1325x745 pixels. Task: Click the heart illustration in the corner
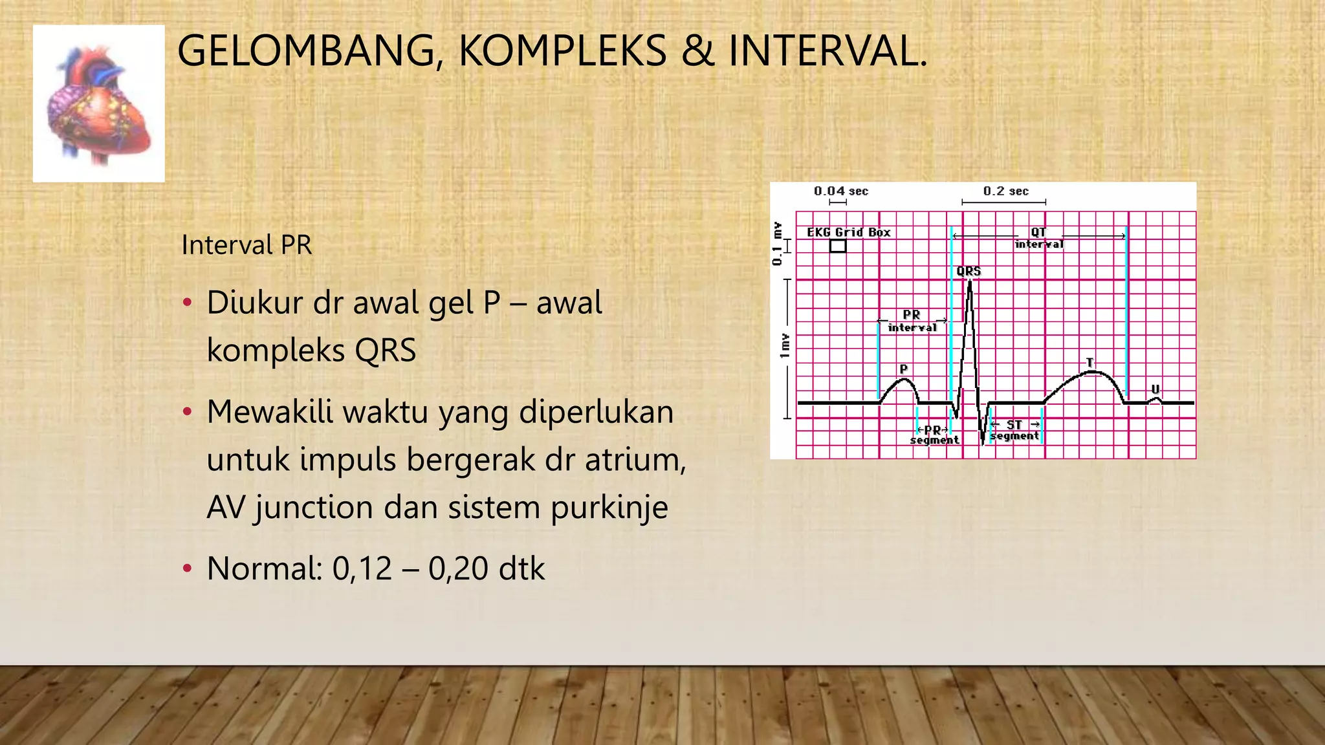coord(99,103)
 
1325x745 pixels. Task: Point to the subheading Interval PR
coord(246,245)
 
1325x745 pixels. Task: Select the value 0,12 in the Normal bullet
coord(362,569)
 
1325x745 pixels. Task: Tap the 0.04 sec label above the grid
coord(840,191)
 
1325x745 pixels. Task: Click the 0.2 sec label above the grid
coord(1005,191)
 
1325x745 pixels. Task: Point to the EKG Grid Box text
coord(848,232)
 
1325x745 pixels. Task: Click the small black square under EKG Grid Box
coord(838,246)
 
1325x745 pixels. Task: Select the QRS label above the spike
coord(969,271)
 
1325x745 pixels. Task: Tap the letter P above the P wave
coord(904,369)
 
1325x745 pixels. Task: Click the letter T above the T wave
coord(1090,362)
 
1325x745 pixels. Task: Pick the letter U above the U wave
coord(1155,389)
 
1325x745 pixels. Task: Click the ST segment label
coord(1014,430)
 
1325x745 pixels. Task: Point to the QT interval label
coord(1038,238)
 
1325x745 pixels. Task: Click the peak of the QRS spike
coord(970,283)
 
